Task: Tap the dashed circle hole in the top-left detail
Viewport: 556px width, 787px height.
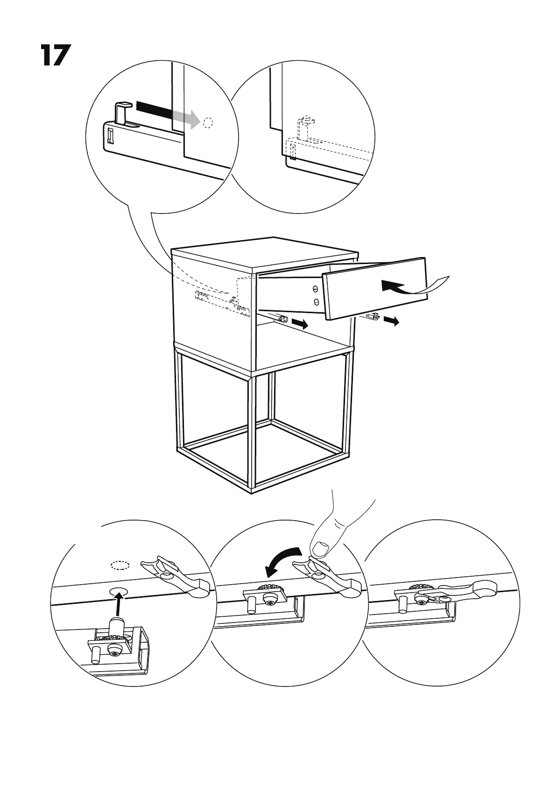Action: pyautogui.click(x=208, y=123)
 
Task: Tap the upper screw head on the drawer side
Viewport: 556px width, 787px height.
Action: pyautogui.click(x=316, y=289)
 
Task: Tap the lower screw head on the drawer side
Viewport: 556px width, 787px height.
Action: pyautogui.click(x=316, y=301)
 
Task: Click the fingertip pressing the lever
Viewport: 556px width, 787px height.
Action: pyautogui.click(x=321, y=547)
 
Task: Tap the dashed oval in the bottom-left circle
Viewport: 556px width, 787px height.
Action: pyautogui.click(x=120, y=565)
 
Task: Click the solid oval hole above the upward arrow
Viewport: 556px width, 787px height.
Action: pyautogui.click(x=119, y=590)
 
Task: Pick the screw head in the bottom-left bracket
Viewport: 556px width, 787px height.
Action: pyautogui.click(x=114, y=650)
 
